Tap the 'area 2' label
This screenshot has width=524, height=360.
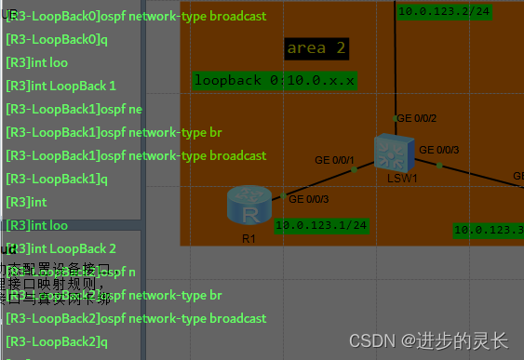[x=316, y=47]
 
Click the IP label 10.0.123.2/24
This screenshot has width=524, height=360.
[x=444, y=11]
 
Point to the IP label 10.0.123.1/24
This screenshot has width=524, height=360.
[x=321, y=224]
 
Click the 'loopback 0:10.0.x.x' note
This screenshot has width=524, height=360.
[x=275, y=81]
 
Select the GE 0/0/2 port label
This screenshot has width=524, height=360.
[x=416, y=118]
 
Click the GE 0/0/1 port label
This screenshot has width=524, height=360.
[x=336, y=161]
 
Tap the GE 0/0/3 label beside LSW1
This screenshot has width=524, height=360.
[x=438, y=150]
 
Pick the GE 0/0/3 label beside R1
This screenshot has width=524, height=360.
[x=309, y=199]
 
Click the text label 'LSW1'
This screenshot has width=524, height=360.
[x=402, y=178]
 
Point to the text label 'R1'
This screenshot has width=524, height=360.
[x=249, y=238]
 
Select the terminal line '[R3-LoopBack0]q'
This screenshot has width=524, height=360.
[x=57, y=40]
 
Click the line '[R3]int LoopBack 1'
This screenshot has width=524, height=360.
[x=60, y=86]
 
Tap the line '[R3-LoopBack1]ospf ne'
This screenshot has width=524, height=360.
[x=74, y=109]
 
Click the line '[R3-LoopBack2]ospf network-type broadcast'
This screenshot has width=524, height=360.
[x=136, y=318]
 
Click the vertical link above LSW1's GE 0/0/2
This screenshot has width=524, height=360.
[x=396, y=65]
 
